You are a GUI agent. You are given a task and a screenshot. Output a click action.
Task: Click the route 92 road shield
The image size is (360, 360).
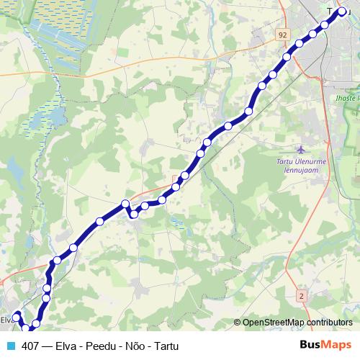(282, 34)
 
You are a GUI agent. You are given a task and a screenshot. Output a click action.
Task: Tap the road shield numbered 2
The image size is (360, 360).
(301, 296)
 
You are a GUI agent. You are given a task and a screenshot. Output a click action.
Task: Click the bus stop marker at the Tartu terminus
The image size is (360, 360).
(342, 12)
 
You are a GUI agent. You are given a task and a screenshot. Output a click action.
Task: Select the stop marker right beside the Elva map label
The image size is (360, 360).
(17, 317)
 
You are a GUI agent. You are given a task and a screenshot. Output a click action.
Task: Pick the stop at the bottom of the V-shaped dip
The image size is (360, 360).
(134, 214)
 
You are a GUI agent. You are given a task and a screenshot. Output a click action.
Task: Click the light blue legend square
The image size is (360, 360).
(10, 346)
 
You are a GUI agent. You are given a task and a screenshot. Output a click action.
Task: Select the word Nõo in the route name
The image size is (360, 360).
(132, 346)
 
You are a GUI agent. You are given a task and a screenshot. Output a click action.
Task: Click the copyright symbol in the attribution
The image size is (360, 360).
(238, 323)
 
